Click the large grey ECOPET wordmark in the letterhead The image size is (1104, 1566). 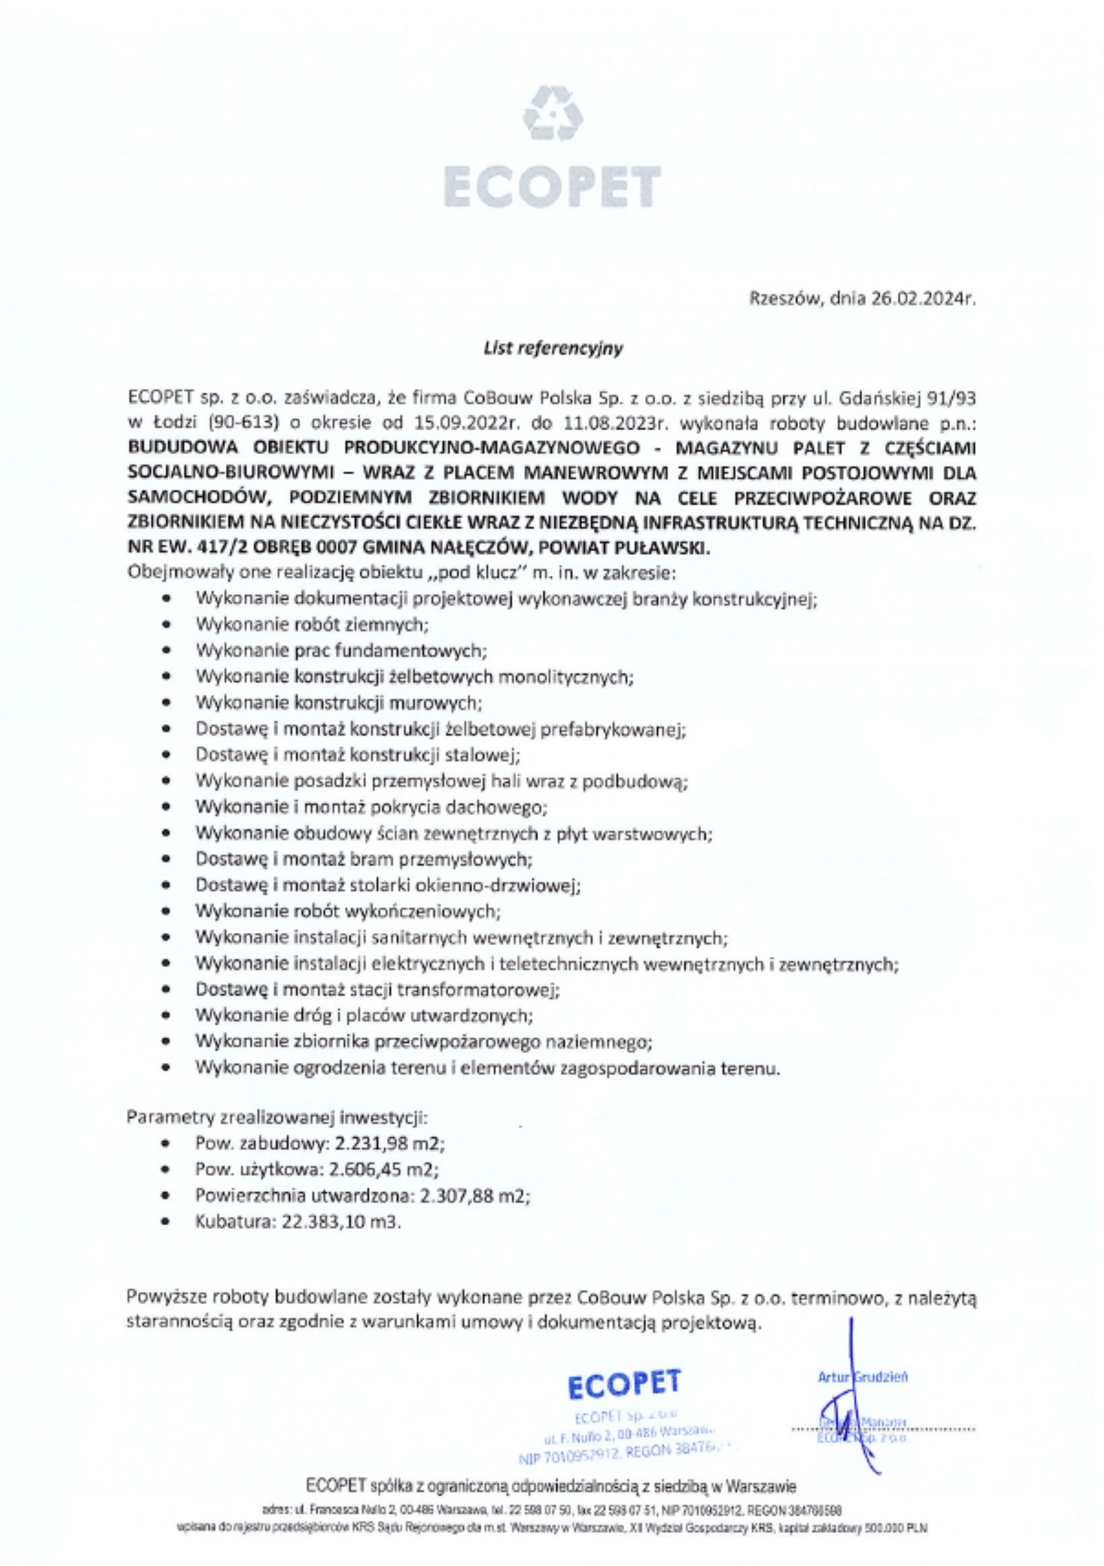(x=553, y=185)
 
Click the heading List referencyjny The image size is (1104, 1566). (x=553, y=349)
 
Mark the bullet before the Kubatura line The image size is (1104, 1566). (x=166, y=1222)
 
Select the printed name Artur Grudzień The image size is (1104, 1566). (x=862, y=1377)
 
